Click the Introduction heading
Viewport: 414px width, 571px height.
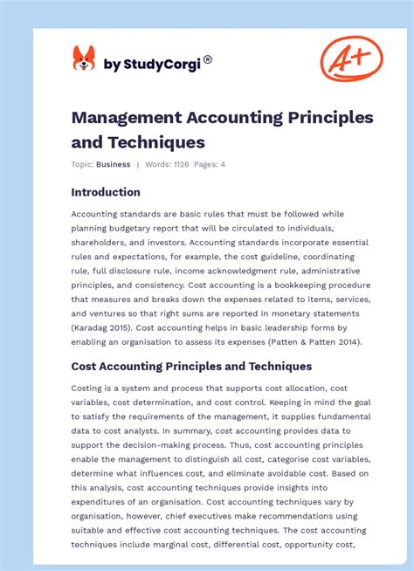pyautogui.click(x=106, y=192)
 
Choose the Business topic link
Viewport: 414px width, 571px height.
pyautogui.click(x=114, y=164)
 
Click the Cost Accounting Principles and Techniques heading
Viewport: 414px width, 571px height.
pyautogui.click(x=191, y=366)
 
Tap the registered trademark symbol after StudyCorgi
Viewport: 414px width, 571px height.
pyautogui.click(x=208, y=59)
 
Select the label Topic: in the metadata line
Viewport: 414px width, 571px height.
pyautogui.click(x=82, y=164)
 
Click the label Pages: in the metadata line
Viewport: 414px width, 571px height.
pyautogui.click(x=206, y=164)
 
